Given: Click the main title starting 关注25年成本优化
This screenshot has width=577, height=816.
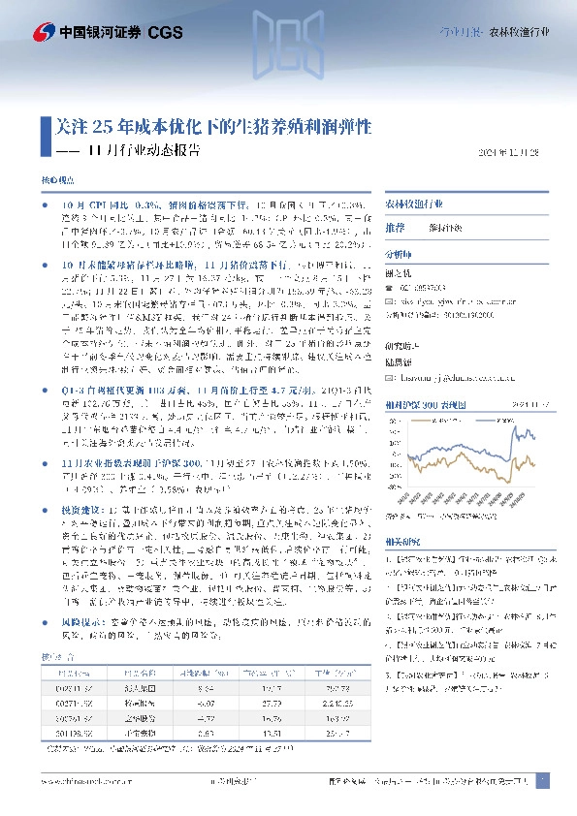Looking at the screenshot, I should [208, 126].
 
